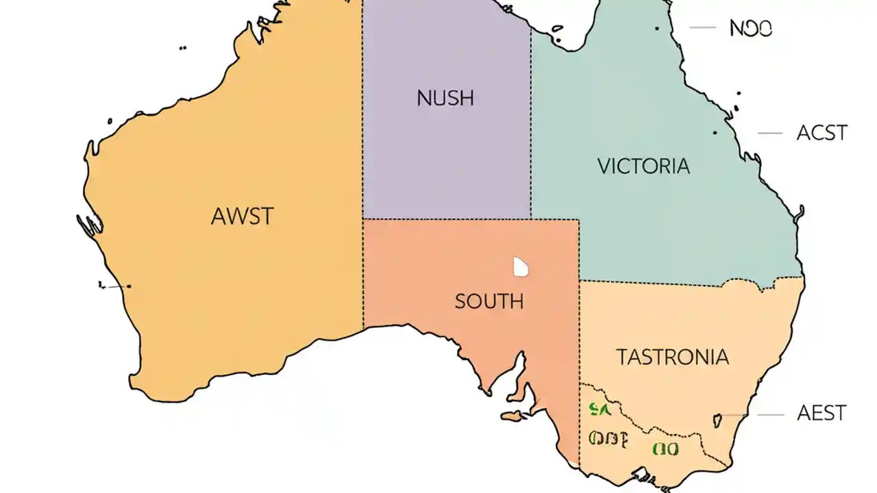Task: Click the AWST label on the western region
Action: pyautogui.click(x=242, y=216)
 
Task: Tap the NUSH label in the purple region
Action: pyautogui.click(x=445, y=98)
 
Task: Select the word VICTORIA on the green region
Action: pyautogui.click(x=643, y=166)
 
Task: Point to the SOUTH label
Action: pyautogui.click(x=489, y=301)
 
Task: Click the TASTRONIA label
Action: pyautogui.click(x=672, y=357)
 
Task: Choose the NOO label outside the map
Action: pyautogui.click(x=751, y=28)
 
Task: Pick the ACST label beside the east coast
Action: pyautogui.click(x=822, y=132)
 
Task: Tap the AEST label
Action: pyautogui.click(x=822, y=413)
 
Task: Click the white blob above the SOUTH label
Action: pyautogui.click(x=521, y=267)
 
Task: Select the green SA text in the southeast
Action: pyautogui.click(x=599, y=409)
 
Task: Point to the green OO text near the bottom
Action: pyautogui.click(x=665, y=449)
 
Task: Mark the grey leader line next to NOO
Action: pyautogui.click(x=702, y=28)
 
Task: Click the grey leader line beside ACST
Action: pyautogui.click(x=769, y=133)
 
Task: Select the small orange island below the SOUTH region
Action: pyautogui.click(x=511, y=416)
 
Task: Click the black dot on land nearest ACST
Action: pyautogui.click(x=715, y=132)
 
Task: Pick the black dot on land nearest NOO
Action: pyautogui.click(x=656, y=28)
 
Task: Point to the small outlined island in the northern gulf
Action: pyautogui.click(x=558, y=29)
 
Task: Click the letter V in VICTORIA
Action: pyautogui.click(x=604, y=166)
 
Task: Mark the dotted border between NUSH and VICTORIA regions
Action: pyautogui.click(x=531, y=123)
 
